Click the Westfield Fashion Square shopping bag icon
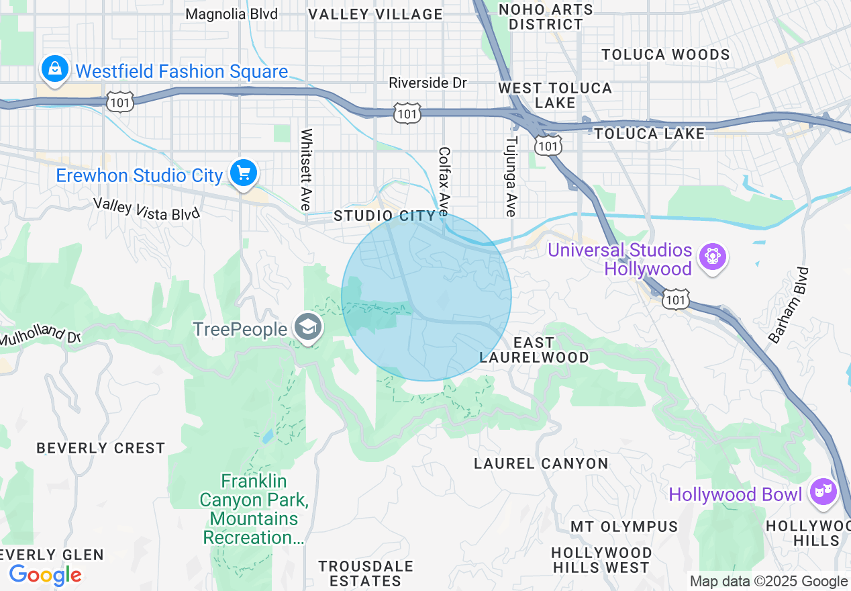click(54, 69)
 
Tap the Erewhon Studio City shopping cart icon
click(243, 173)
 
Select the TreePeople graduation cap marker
click(308, 328)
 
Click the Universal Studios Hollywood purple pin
click(712, 257)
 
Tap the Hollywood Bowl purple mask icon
click(821, 492)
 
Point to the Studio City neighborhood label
click(385, 216)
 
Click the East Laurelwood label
click(534, 350)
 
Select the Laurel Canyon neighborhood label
click(541, 463)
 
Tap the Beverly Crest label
click(101, 448)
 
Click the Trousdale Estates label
click(366, 574)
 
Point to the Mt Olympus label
click(624, 526)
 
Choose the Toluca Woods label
click(665, 54)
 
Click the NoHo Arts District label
click(546, 17)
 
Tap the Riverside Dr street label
click(428, 83)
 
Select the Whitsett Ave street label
click(307, 169)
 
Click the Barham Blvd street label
click(789, 306)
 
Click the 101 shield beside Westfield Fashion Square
click(120, 102)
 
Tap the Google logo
click(45, 575)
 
